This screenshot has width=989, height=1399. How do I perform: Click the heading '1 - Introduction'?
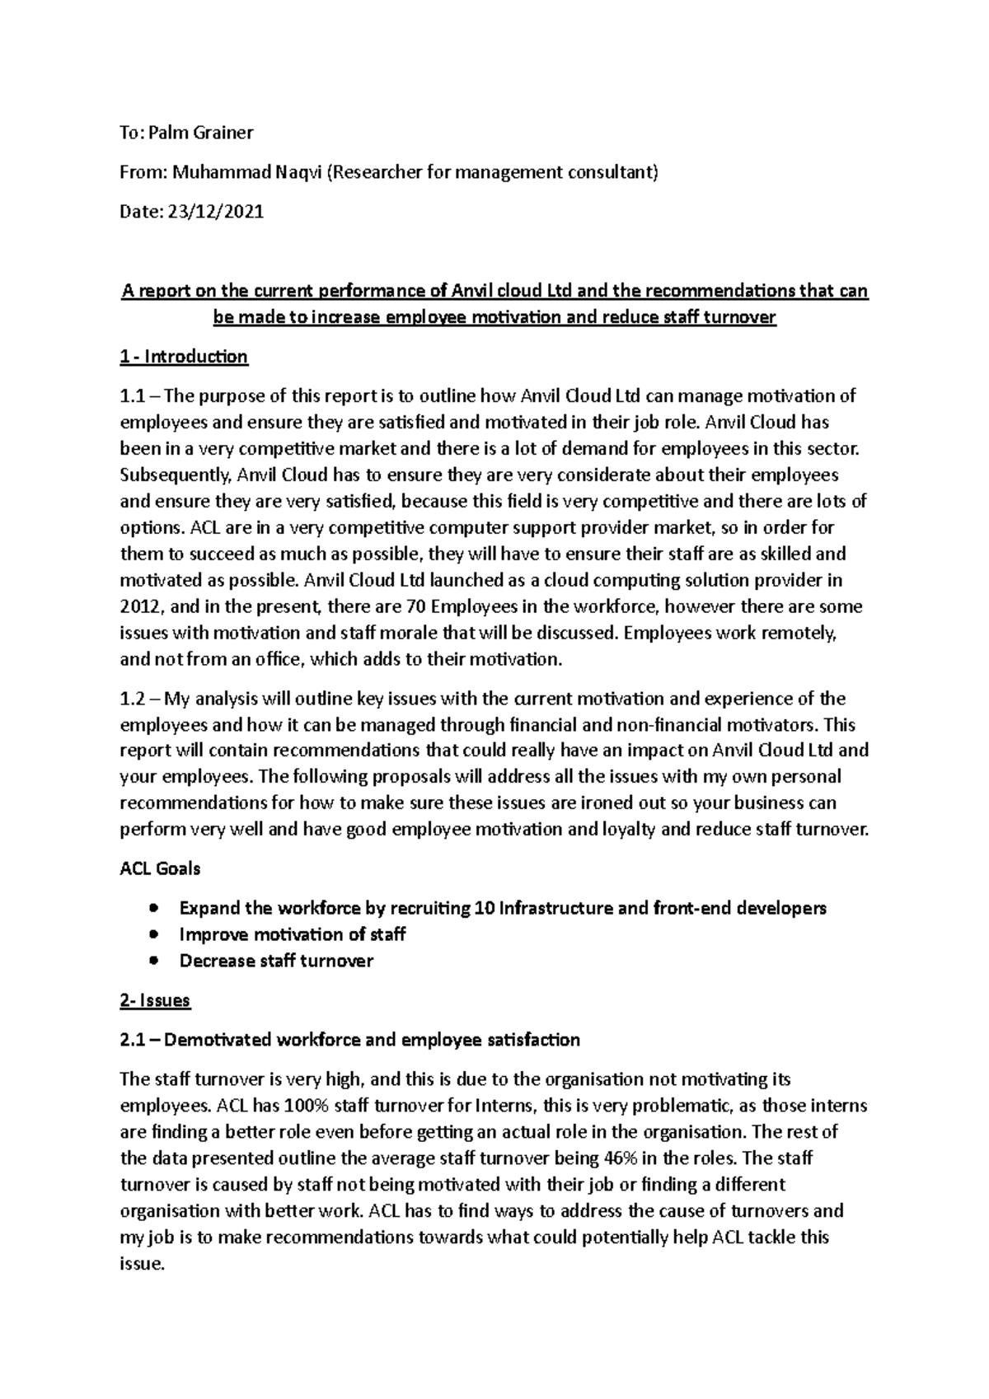pos(184,357)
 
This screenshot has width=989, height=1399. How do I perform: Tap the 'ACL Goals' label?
pos(160,868)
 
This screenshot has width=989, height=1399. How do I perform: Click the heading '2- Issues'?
pos(155,1000)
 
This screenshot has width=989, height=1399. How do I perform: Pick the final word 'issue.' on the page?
pos(143,1264)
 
